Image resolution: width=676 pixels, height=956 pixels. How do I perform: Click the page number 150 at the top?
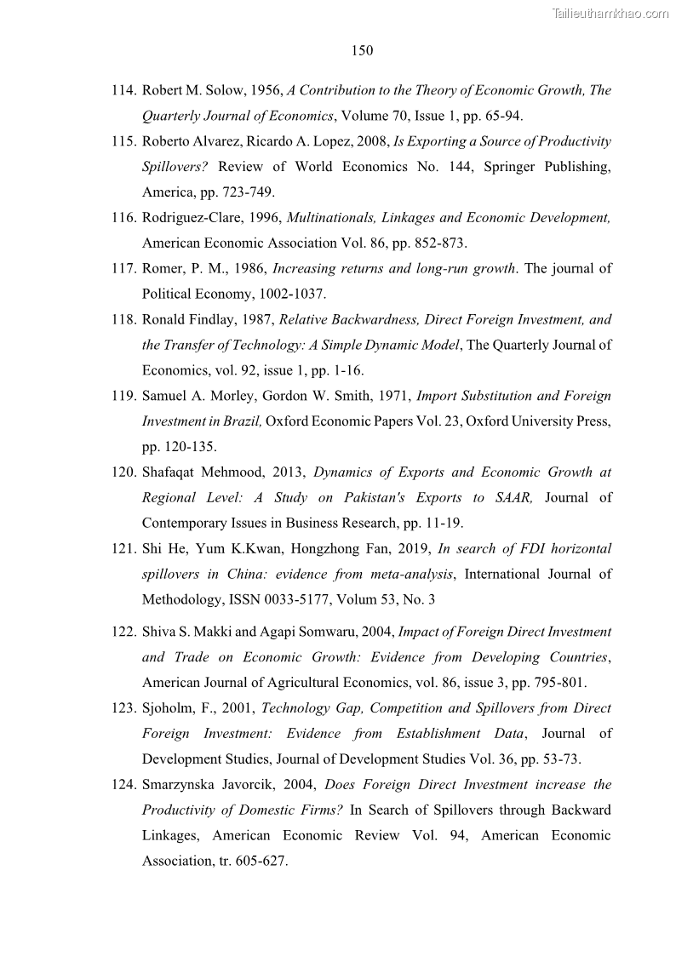click(362, 51)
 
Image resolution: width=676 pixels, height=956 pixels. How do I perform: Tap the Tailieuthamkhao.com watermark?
click(610, 13)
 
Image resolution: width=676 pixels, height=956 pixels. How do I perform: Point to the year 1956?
click(265, 90)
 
